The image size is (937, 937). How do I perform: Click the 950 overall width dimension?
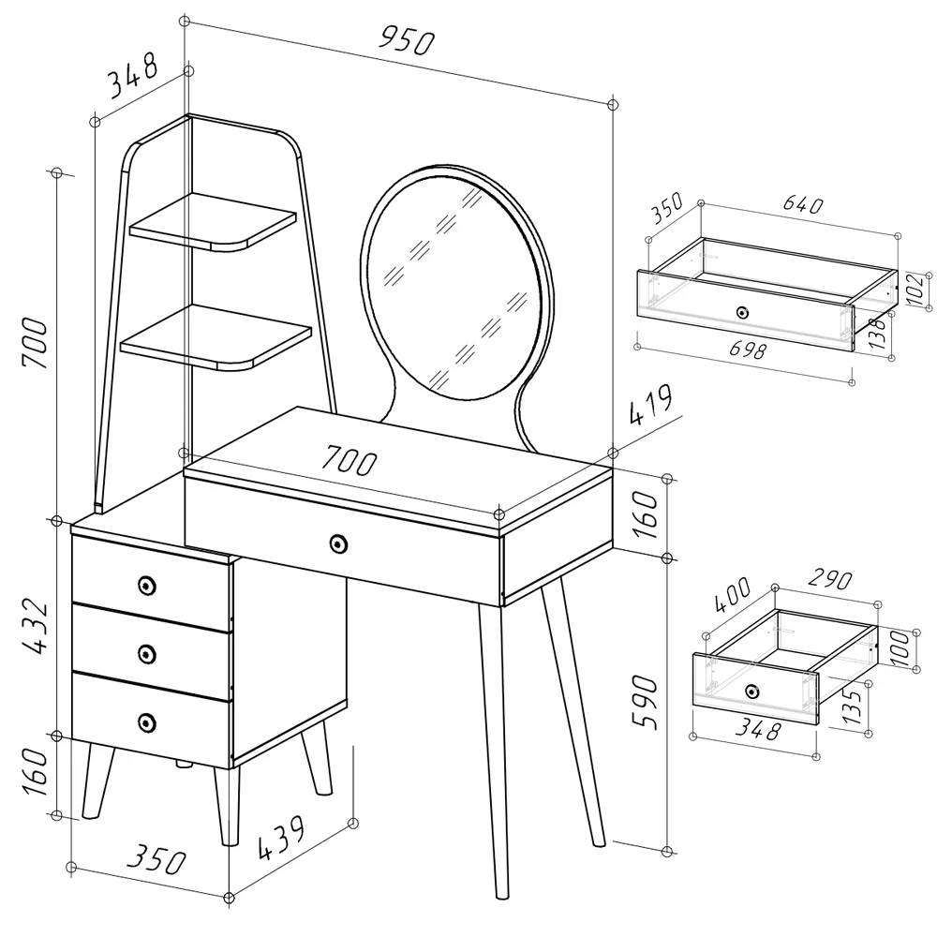[x=408, y=39]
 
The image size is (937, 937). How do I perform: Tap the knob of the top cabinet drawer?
[x=145, y=585]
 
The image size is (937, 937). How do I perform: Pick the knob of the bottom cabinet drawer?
[x=145, y=721]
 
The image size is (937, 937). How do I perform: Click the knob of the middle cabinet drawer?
[x=145, y=653]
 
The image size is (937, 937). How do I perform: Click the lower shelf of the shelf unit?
[x=216, y=337]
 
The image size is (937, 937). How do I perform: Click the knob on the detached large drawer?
[x=742, y=312]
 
